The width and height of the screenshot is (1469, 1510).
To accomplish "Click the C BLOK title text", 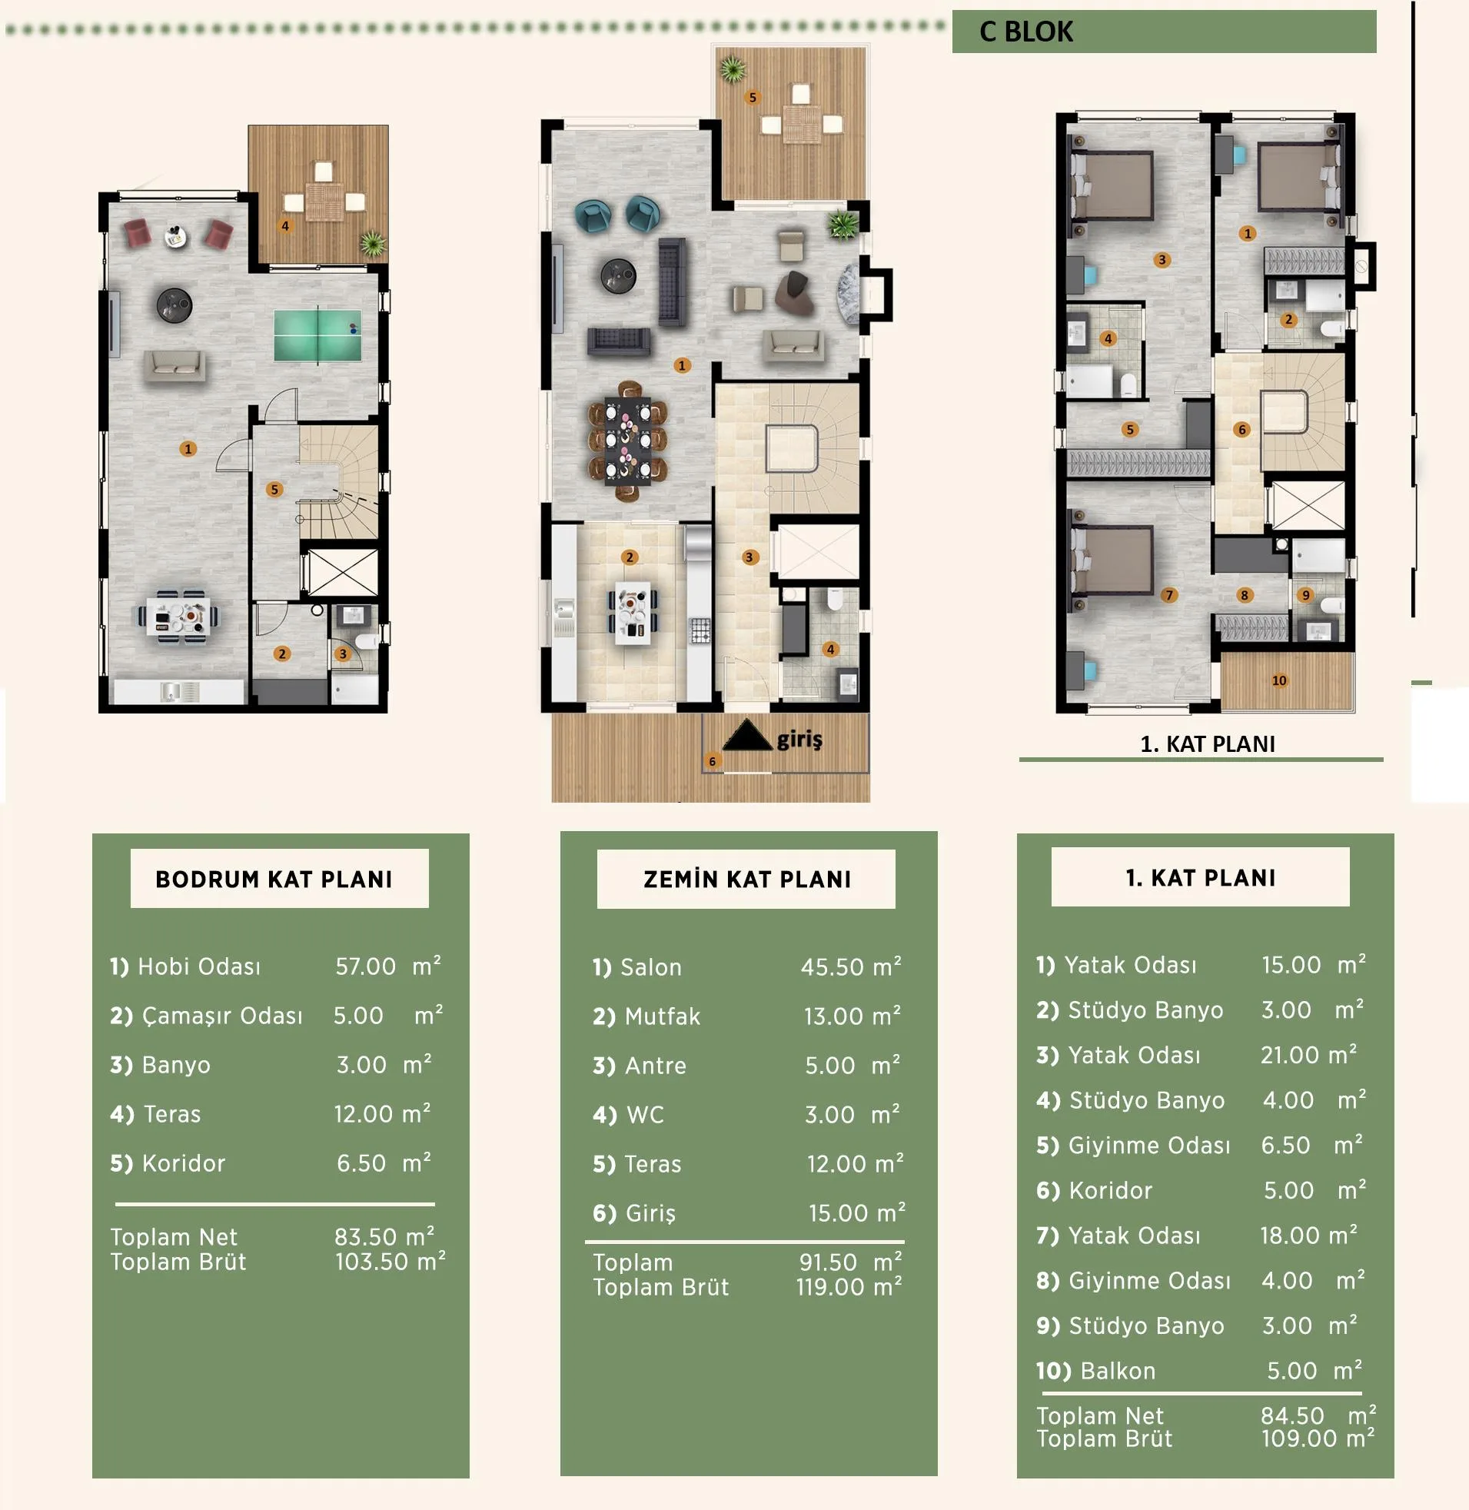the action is click(x=1025, y=32).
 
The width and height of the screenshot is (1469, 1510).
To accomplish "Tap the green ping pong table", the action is click(x=318, y=335).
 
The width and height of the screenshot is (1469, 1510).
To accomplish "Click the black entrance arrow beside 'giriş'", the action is click(x=747, y=734).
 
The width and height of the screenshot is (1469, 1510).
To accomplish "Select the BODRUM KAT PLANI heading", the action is click(x=274, y=879).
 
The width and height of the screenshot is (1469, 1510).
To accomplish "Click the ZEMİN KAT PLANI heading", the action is click(x=747, y=879).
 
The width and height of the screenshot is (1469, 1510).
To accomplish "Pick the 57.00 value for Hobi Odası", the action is click(x=365, y=966).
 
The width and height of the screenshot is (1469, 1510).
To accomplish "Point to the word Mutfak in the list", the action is click(x=663, y=1016).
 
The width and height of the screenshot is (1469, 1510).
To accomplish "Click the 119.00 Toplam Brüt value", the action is click(x=830, y=1287).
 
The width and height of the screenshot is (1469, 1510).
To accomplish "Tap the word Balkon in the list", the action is click(x=1118, y=1371).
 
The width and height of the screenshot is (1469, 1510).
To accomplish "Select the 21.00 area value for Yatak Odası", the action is click(x=1290, y=1055).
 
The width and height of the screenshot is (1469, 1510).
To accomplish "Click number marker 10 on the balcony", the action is click(x=1279, y=680).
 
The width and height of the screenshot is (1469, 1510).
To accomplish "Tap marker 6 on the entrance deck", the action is click(x=712, y=762).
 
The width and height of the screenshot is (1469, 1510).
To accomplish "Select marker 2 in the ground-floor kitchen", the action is click(x=630, y=557).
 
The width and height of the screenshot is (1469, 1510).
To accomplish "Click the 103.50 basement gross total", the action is click(x=371, y=1262).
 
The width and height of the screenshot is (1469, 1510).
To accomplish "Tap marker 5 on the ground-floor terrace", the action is click(x=753, y=98).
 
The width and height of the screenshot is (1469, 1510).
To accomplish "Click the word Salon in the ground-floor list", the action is click(x=651, y=966).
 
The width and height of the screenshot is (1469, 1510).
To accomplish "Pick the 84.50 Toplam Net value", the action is click(x=1292, y=1416).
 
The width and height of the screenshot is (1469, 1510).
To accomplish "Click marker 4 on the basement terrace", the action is click(x=285, y=226).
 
